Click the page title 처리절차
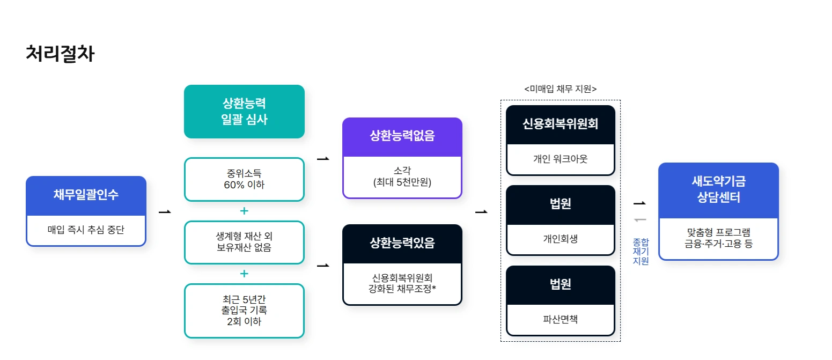point(60,54)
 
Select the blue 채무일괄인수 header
point(86,195)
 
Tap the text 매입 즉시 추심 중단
point(86,230)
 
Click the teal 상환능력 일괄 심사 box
point(244,111)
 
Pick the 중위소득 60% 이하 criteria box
point(244,179)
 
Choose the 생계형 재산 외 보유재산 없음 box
point(244,242)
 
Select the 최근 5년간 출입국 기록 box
point(244,310)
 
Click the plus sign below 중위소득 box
point(244,211)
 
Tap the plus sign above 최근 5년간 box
point(244,274)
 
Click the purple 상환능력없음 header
point(402,136)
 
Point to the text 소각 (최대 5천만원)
point(402,177)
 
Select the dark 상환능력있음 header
point(402,243)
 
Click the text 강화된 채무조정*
point(402,289)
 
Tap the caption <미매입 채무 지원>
point(560,89)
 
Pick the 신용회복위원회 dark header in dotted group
point(560,124)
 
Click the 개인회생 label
point(560,239)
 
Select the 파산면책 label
point(560,320)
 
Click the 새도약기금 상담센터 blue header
point(718,189)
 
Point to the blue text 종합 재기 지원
point(640,252)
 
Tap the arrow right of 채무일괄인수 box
point(165,212)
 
